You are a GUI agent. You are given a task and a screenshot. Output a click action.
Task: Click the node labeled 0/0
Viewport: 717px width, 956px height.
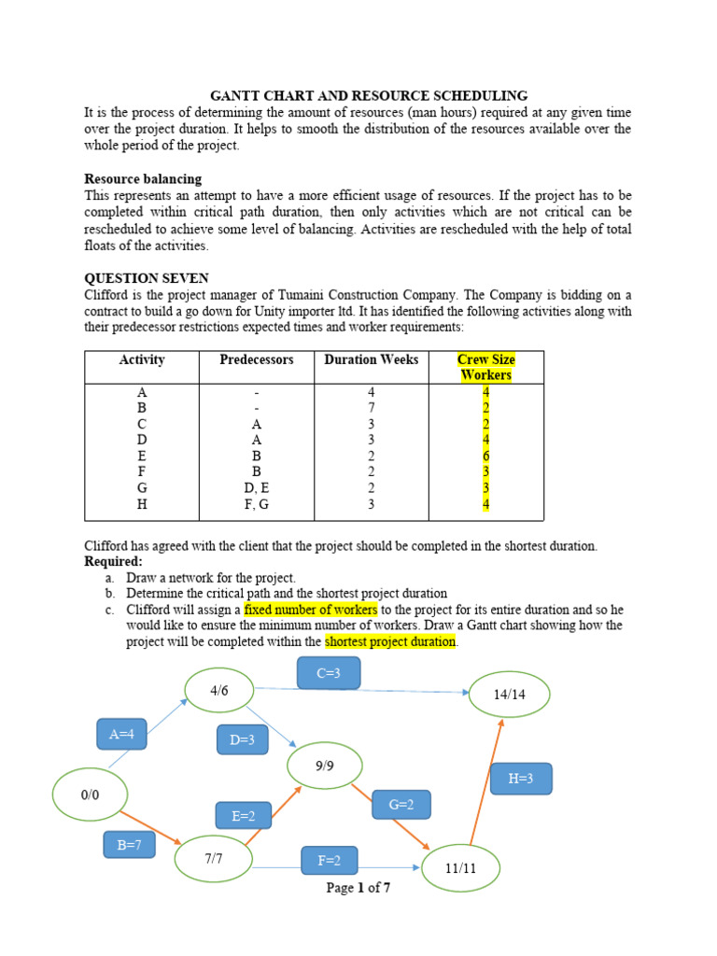91,794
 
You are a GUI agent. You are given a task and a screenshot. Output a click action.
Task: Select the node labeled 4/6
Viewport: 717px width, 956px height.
219,691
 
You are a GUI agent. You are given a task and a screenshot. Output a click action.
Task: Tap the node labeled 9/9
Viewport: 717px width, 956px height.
325,766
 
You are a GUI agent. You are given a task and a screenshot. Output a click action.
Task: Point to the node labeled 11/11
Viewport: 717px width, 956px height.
460,868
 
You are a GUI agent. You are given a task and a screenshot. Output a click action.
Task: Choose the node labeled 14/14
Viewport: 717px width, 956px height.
509,696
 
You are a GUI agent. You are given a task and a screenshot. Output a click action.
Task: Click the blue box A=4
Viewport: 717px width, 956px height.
121,734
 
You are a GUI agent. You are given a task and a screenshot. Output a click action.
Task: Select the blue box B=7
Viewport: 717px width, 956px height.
129,846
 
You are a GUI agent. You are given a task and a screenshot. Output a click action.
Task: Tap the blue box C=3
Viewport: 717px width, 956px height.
329,672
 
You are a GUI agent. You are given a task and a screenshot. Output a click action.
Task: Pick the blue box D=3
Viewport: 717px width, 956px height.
242,741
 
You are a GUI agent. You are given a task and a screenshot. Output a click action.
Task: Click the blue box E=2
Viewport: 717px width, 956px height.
243,816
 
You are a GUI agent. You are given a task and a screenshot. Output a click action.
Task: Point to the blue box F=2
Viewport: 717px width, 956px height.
329,861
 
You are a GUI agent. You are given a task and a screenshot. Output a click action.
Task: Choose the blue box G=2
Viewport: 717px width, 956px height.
401,804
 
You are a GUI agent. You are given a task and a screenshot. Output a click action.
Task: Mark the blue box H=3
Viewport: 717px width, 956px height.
521,779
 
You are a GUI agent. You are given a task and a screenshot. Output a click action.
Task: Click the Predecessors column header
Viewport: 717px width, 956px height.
257,359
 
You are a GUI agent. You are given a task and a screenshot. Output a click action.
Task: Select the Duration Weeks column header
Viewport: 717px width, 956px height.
372,359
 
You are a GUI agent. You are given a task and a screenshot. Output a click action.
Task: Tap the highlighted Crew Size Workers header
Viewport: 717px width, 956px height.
486,367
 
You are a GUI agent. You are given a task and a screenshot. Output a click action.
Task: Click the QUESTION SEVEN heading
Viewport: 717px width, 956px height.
147,278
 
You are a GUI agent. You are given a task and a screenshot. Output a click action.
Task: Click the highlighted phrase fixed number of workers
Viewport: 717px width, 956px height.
311,610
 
